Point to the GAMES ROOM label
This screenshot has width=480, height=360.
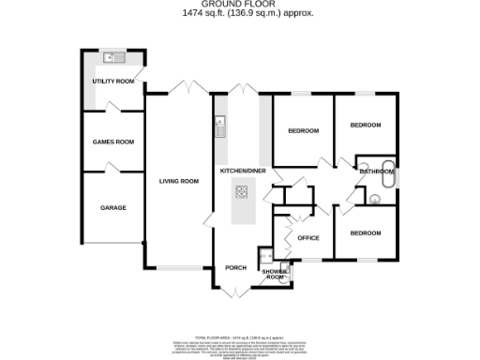[x=112, y=142]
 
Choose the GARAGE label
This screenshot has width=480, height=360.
[x=112, y=207]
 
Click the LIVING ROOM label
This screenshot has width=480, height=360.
[x=178, y=181]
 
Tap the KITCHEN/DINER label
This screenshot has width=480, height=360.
[x=243, y=172]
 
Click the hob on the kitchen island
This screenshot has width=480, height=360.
[x=241, y=194]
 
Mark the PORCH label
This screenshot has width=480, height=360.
[x=235, y=267]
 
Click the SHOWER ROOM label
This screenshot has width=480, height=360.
[x=274, y=275]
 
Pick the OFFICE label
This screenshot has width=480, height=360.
[x=308, y=238]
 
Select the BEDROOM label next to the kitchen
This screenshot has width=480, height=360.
[x=304, y=130]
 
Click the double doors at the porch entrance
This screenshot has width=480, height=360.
[x=234, y=292]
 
